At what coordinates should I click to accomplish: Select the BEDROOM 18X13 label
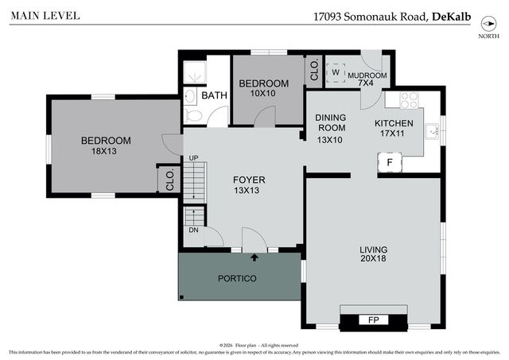106,145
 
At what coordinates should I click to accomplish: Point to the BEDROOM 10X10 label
264,88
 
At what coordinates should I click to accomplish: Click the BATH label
213,95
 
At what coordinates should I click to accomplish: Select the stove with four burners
408,101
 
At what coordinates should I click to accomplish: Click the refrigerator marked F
390,162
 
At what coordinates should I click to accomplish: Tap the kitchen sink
431,131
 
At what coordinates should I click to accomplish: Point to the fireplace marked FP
373,320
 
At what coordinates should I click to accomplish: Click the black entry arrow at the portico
254,257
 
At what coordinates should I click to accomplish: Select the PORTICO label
238,279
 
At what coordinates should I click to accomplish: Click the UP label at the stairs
192,158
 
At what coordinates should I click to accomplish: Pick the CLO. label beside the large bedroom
169,180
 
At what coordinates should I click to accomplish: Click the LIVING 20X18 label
374,254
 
